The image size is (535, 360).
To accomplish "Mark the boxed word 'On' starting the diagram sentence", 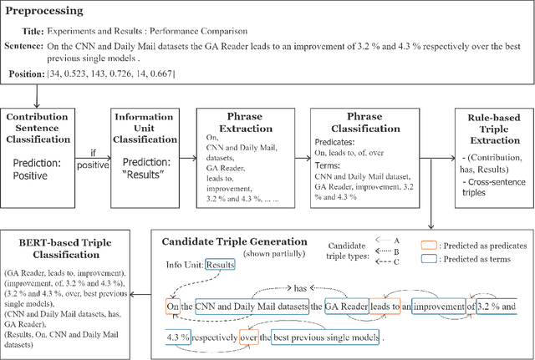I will [x=173, y=308].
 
